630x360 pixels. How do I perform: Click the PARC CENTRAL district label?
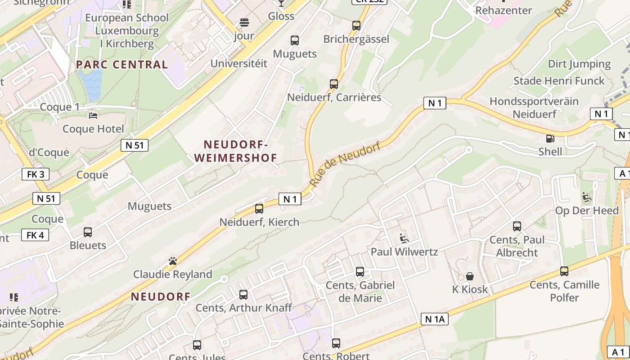coord(122,64)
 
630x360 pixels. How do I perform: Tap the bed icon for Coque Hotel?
coord(93,116)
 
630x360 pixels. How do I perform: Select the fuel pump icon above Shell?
coord(550,139)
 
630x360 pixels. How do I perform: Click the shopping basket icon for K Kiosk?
coord(470,276)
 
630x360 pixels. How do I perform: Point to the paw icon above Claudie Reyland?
coord(172,261)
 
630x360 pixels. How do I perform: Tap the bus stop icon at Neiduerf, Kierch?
coord(259,209)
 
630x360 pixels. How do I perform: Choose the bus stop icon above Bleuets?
coord(88,232)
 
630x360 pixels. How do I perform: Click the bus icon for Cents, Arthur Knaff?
coord(243,295)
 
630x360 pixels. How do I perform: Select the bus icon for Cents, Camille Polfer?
coord(564,271)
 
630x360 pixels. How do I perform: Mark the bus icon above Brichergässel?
coord(356,26)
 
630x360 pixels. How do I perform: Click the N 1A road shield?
coord(435,319)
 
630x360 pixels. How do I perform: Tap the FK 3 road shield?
coord(36,174)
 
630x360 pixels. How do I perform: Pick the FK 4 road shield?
coord(35,235)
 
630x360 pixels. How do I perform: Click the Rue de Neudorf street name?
coord(345,164)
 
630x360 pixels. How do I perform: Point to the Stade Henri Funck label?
coord(559,81)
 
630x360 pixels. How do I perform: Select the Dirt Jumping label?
coord(579,64)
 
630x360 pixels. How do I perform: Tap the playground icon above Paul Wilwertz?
coord(404,238)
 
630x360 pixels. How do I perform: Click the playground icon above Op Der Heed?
coord(587,197)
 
